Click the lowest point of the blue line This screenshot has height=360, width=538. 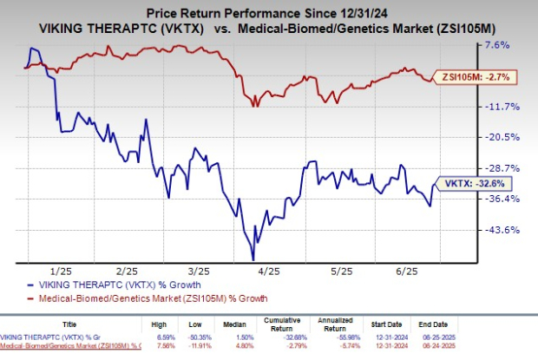(x=253, y=259)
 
